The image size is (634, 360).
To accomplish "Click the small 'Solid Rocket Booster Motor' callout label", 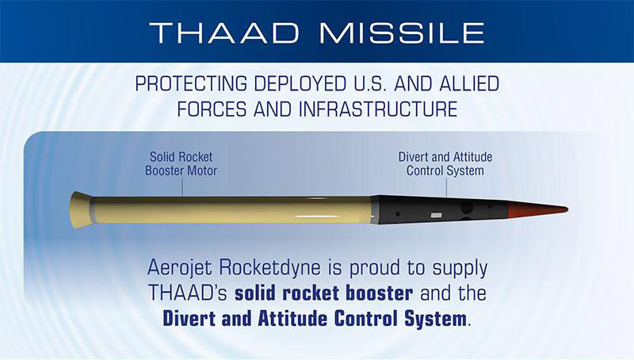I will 182,163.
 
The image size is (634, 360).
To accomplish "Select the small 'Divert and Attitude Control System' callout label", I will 445,163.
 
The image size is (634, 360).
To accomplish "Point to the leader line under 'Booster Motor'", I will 182,186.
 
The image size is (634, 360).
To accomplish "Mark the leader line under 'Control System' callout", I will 446,186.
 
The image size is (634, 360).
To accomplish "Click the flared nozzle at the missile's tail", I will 79,209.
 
